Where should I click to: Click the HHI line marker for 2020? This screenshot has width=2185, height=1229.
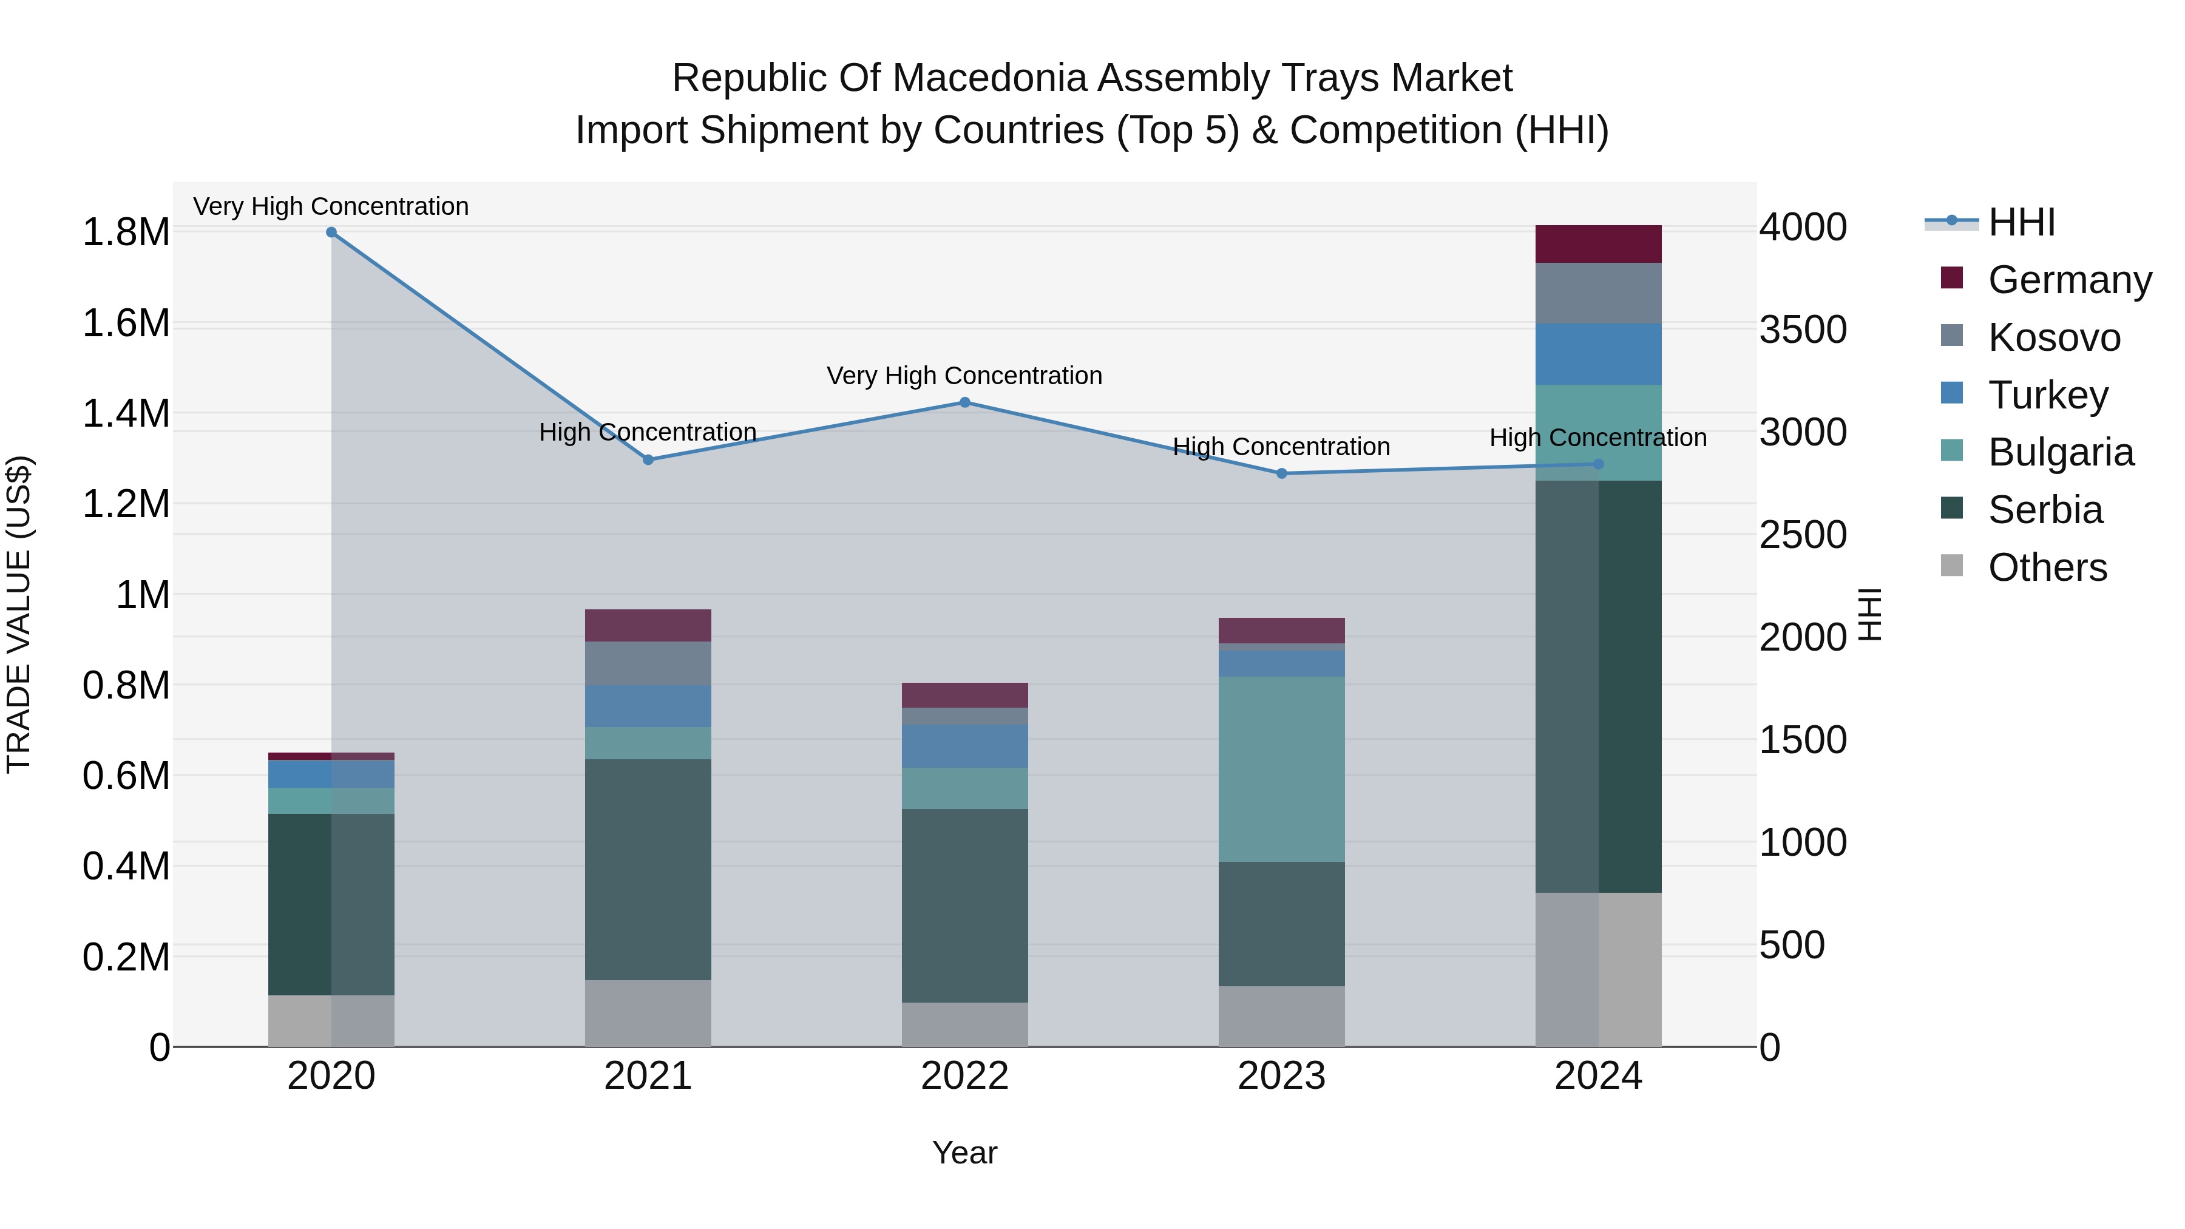pyautogui.click(x=331, y=232)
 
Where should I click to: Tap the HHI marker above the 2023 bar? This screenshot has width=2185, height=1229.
pyautogui.click(x=1282, y=473)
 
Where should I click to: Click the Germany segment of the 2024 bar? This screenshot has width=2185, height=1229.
pyautogui.click(x=1598, y=244)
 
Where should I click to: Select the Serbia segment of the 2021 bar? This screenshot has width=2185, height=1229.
pyautogui.click(x=648, y=869)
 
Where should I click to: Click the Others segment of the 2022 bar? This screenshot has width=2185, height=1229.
pyautogui.click(x=964, y=1024)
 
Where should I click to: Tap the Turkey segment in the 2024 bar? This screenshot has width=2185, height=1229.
pyautogui.click(x=1598, y=354)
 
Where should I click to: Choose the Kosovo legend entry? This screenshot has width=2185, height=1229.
pyautogui.click(x=2053, y=337)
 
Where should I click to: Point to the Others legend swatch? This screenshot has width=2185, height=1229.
pyautogui.click(x=1952, y=566)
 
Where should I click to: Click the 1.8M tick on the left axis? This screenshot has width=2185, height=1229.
pyautogui.click(x=126, y=232)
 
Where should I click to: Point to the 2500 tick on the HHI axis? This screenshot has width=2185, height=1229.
pyautogui.click(x=1803, y=534)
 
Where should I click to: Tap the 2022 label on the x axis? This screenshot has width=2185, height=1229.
pyautogui.click(x=964, y=1076)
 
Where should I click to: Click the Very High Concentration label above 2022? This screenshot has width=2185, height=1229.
pyautogui.click(x=964, y=376)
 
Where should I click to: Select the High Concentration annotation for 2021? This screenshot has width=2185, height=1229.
pyautogui.click(x=648, y=433)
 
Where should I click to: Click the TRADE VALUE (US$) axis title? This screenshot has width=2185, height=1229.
pyautogui.click(x=19, y=614)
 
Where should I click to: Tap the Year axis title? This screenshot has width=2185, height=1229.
pyautogui.click(x=964, y=1153)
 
